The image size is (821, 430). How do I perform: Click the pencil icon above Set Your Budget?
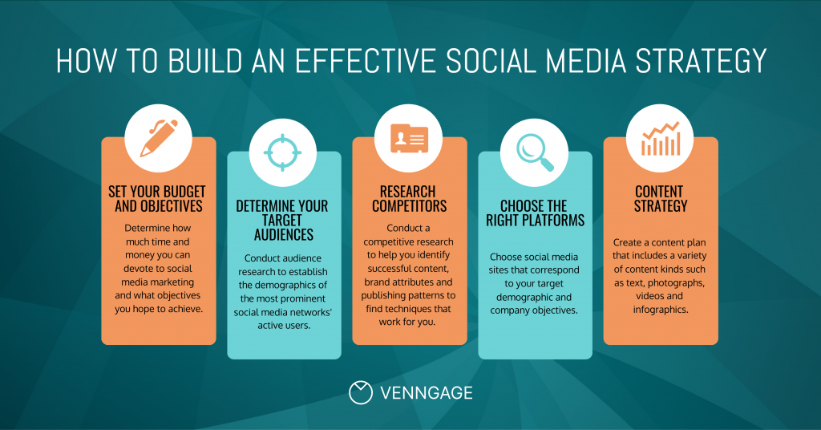click(158, 137)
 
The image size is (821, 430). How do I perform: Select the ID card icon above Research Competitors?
click(409, 137)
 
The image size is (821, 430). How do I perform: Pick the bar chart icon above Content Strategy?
click(660, 137)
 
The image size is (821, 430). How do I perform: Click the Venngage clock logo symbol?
click(361, 392)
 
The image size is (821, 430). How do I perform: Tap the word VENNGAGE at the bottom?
click(426, 393)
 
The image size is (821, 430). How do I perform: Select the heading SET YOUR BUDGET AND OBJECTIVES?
click(158, 199)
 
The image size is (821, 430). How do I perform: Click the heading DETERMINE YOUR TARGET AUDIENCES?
click(283, 221)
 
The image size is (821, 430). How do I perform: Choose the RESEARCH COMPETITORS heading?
click(409, 199)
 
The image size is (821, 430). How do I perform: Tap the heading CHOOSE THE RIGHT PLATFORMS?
click(535, 213)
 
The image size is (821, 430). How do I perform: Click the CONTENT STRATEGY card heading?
click(660, 199)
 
